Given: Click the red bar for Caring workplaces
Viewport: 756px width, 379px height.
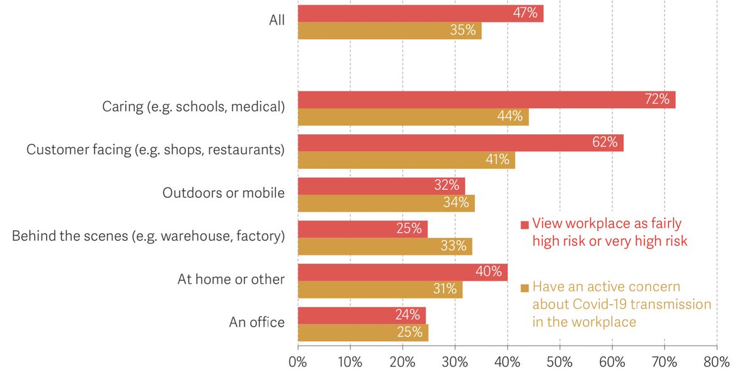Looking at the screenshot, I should pyautogui.click(x=486, y=100).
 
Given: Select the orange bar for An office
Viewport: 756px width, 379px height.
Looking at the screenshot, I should pyautogui.click(x=363, y=332).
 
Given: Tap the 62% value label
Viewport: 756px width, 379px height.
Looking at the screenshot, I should pyautogui.click(x=604, y=143).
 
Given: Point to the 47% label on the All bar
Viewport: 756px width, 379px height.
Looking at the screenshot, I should pyautogui.click(x=524, y=13).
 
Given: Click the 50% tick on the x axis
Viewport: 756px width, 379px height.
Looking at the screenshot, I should pyautogui.click(x=559, y=363).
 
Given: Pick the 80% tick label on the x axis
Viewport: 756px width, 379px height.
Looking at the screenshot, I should pyautogui.click(x=716, y=363).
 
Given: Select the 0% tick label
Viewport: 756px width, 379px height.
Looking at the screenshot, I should pyautogui.click(x=297, y=363).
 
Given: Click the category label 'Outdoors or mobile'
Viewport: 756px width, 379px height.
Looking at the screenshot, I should pyautogui.click(x=223, y=193).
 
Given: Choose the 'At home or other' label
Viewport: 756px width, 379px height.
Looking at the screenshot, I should pyautogui.click(x=231, y=279).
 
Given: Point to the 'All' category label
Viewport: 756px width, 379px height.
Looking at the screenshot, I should pyautogui.click(x=277, y=20).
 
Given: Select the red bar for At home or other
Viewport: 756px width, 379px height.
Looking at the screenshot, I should pyautogui.click(x=402, y=272).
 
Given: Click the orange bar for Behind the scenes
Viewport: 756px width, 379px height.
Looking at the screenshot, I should pyautogui.click(x=384, y=246).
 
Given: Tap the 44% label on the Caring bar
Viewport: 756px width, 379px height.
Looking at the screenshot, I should pyautogui.click(x=509, y=117).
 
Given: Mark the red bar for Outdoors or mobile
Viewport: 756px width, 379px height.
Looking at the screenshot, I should pyautogui.click(x=381, y=186).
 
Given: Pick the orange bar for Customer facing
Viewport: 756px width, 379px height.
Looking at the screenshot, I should pyautogui.click(x=406, y=160).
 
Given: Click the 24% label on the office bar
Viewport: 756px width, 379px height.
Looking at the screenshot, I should pyautogui.click(x=406, y=315).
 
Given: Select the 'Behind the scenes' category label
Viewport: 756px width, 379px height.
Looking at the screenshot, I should pyautogui.click(x=148, y=236).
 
